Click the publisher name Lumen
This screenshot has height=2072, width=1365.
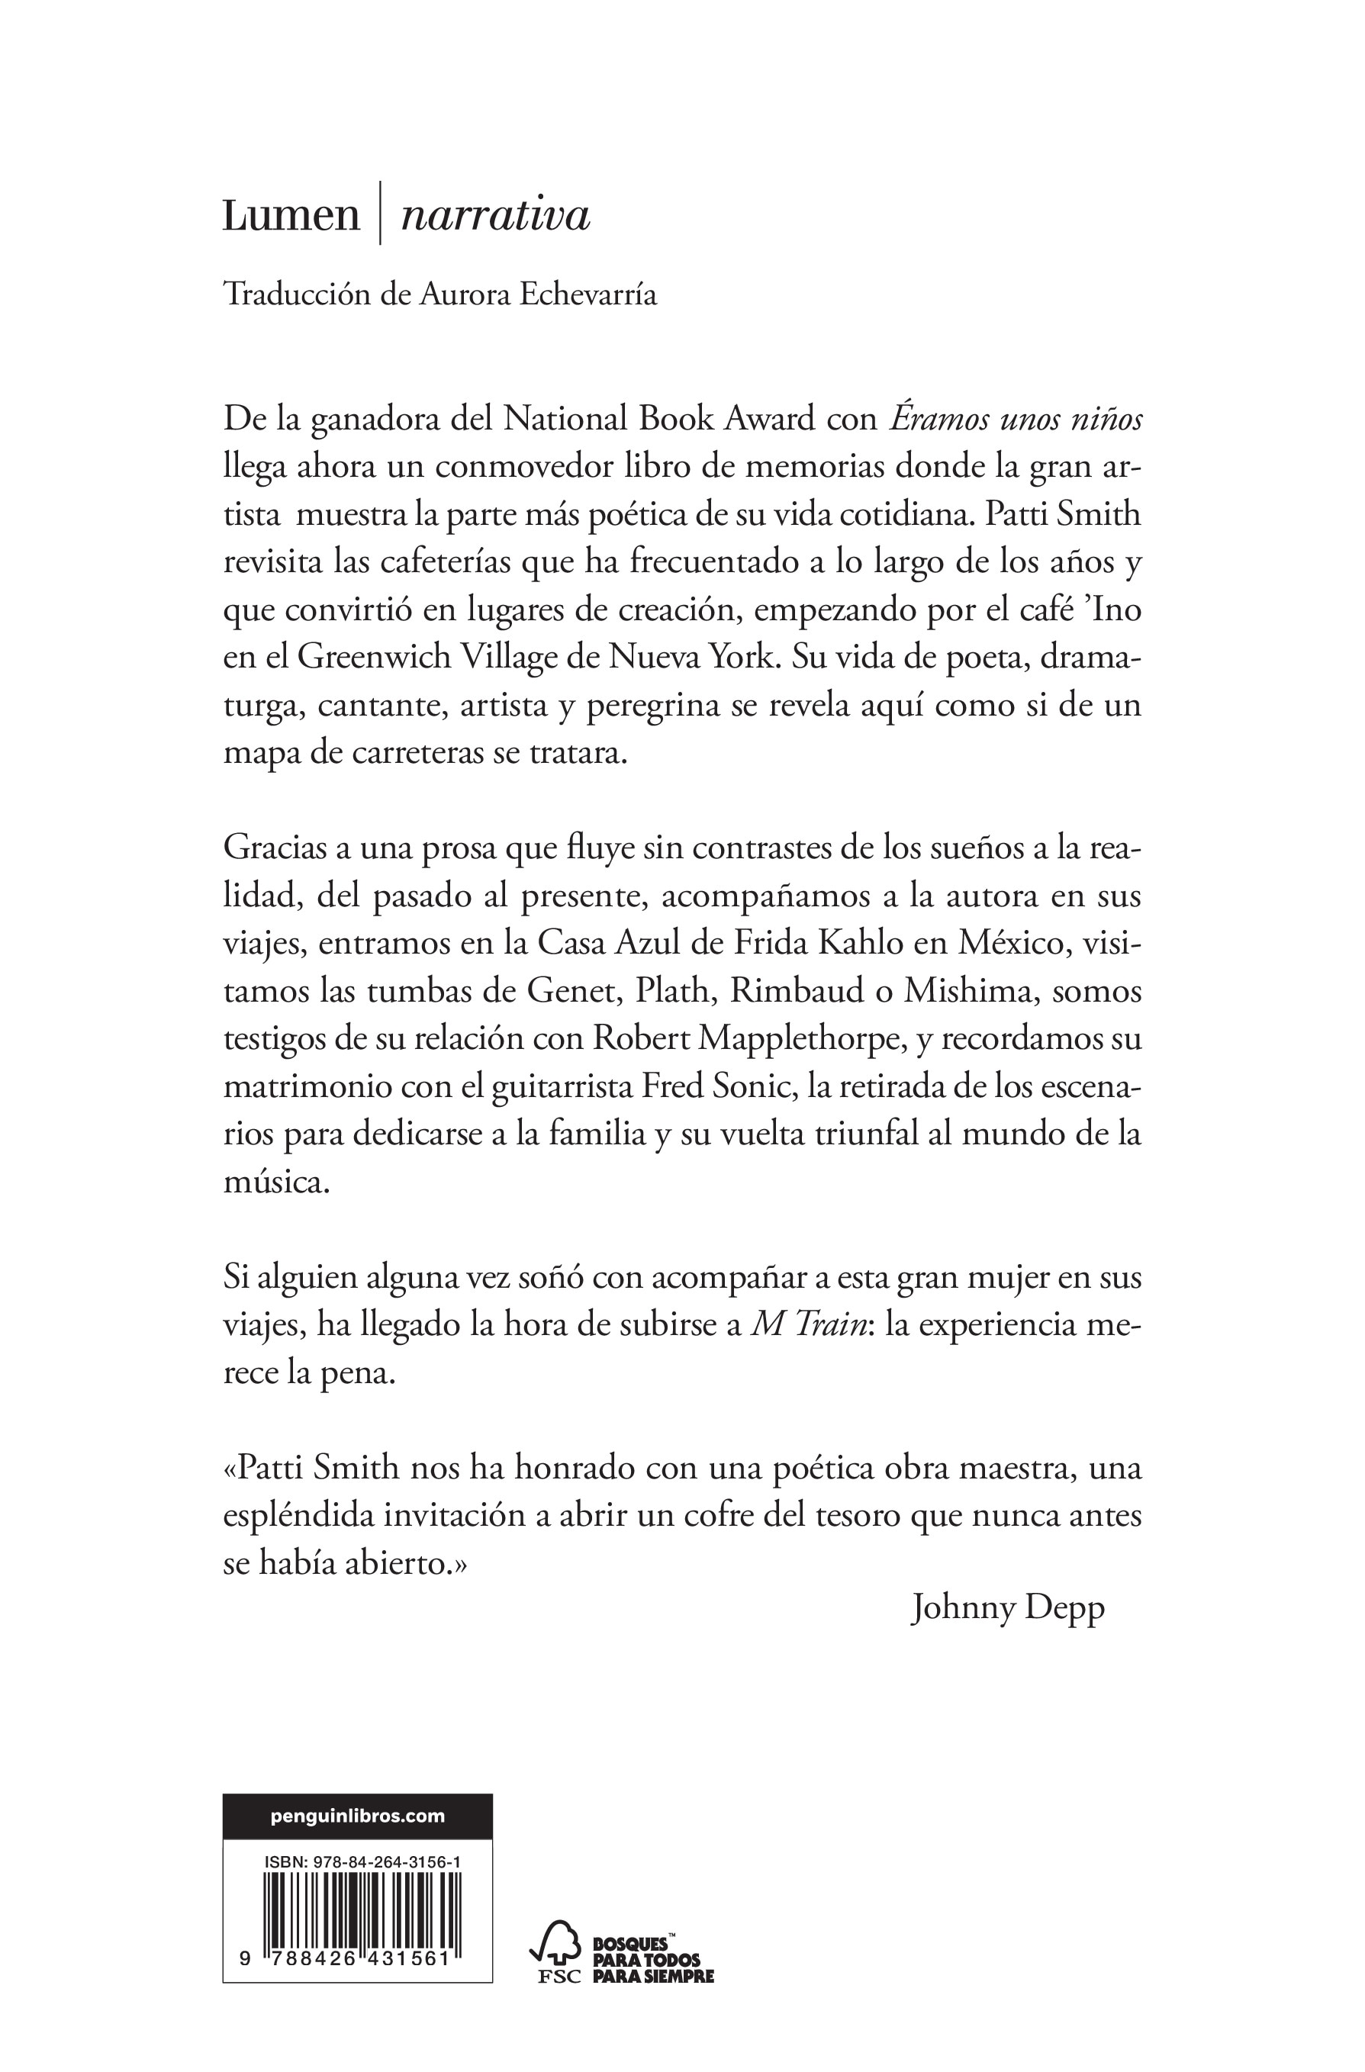point(291,216)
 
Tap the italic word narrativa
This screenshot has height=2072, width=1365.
point(495,216)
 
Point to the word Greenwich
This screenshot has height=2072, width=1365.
point(372,655)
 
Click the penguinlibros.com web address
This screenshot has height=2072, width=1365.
point(358,1816)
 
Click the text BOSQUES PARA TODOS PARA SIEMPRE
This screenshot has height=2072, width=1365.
point(653,1960)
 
